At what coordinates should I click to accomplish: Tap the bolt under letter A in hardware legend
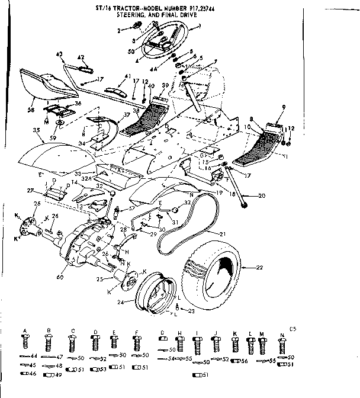point(25,342)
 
